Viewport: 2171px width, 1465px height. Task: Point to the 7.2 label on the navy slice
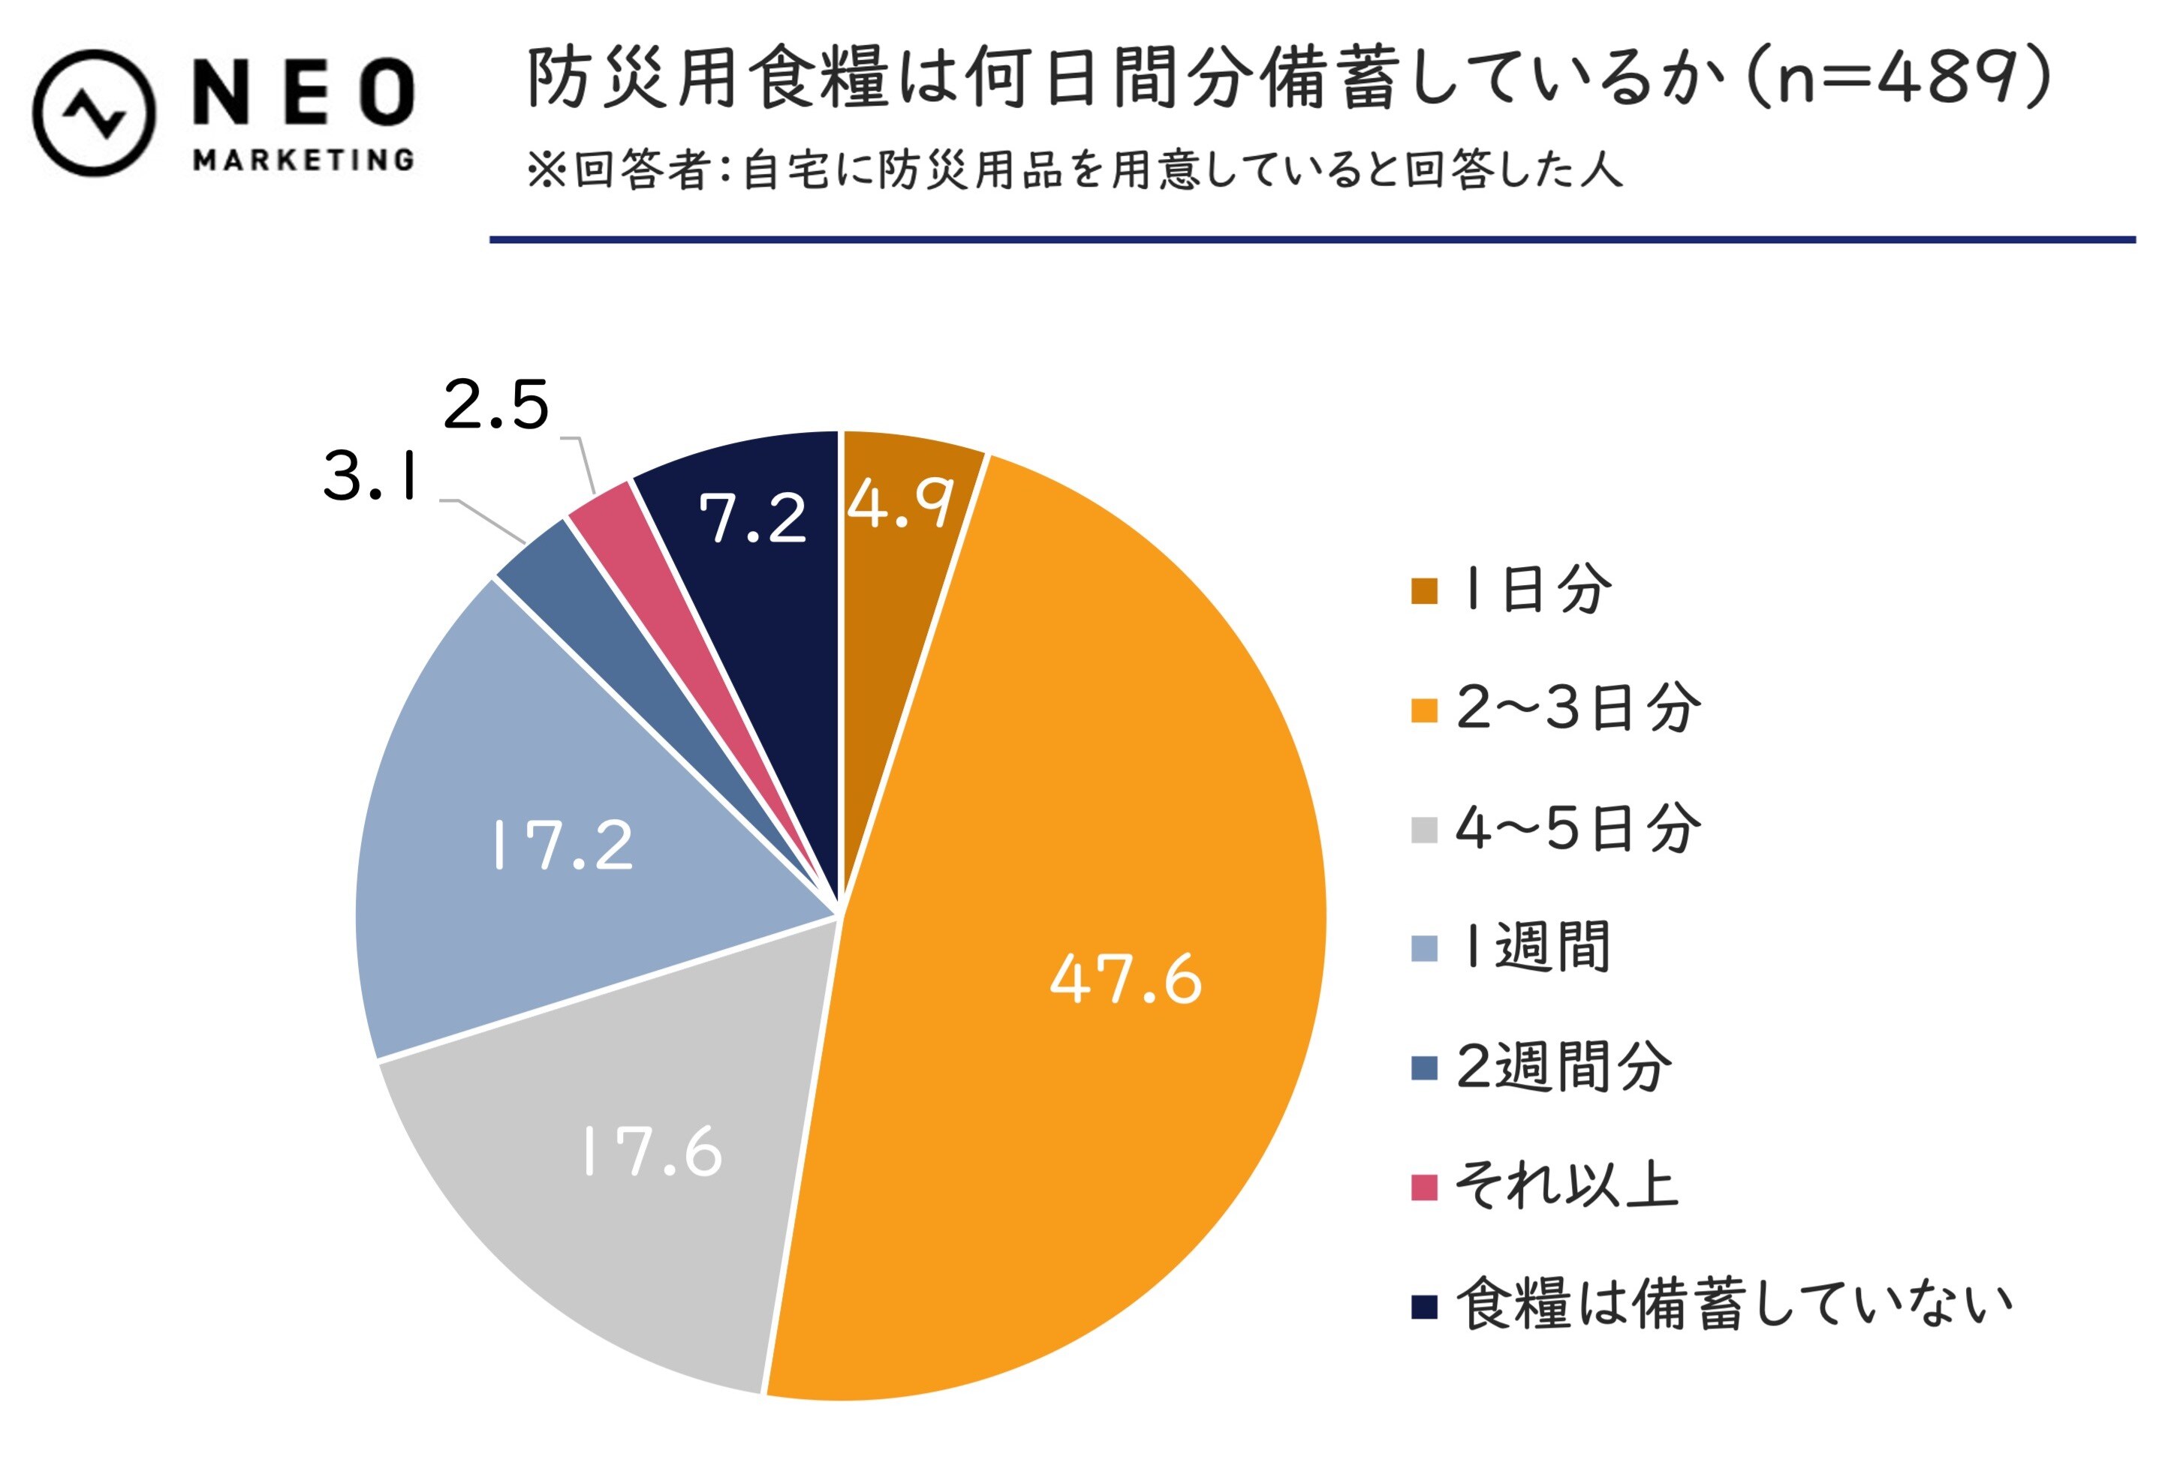click(752, 519)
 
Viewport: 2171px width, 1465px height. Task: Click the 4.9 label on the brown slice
click(899, 505)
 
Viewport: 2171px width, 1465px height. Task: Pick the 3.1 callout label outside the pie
click(370, 476)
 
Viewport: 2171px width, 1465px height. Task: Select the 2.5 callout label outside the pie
click(495, 405)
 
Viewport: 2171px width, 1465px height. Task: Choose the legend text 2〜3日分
click(1578, 708)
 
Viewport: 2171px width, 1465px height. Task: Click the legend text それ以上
click(1567, 1186)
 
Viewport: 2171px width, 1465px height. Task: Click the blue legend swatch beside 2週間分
click(1423, 1067)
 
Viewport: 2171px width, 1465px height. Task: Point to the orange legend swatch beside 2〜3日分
click(1423, 709)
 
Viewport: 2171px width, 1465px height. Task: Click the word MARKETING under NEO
click(303, 160)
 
